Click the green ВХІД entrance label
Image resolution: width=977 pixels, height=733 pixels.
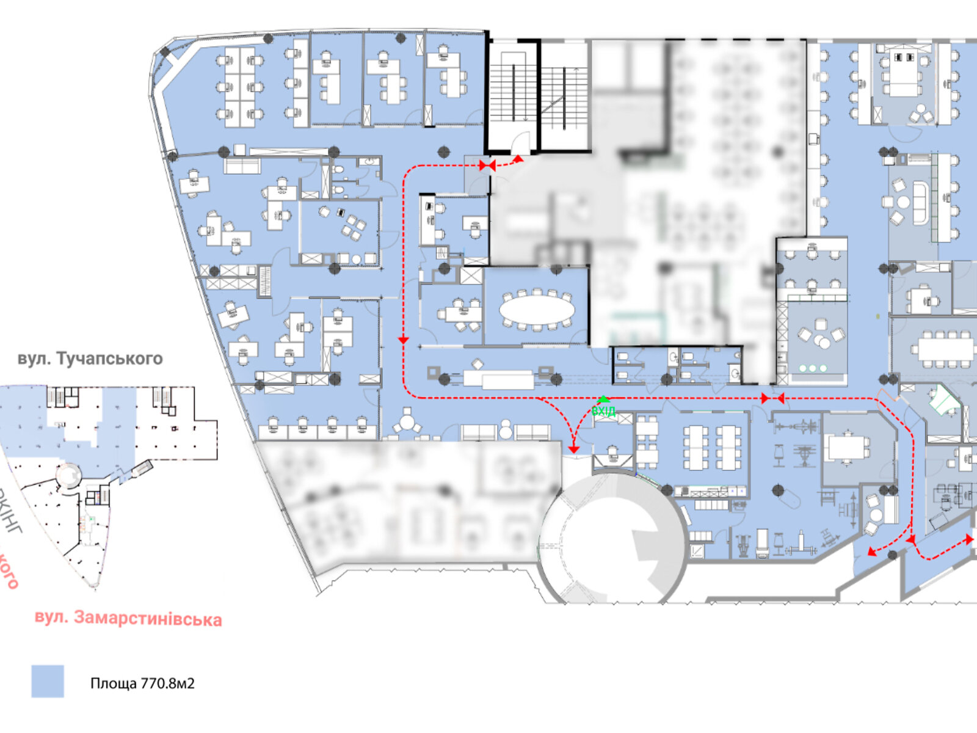click(603, 411)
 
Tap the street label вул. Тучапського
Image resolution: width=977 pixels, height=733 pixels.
click(90, 358)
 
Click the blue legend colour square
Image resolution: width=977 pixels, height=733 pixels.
click(48, 681)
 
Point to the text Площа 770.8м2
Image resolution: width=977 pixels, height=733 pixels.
click(142, 683)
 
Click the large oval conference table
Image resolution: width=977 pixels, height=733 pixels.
click(537, 310)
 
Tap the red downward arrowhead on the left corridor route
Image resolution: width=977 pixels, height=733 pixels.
click(403, 340)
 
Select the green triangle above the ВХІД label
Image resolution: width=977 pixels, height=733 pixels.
click(603, 399)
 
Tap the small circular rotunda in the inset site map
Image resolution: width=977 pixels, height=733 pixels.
click(68, 475)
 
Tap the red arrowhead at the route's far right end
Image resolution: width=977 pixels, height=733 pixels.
click(969, 539)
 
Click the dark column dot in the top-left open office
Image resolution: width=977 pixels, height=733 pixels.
click(267, 38)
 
